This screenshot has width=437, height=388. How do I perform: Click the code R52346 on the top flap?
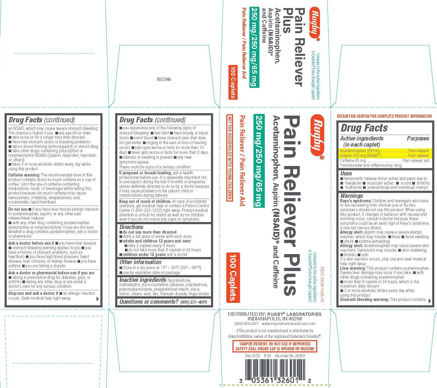(x=164, y=79)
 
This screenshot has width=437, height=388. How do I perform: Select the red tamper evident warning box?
(x=275, y=346)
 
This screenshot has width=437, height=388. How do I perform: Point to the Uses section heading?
(x=346, y=174)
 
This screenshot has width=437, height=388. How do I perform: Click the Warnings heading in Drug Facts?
(x=351, y=196)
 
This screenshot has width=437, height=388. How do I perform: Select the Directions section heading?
(x=131, y=227)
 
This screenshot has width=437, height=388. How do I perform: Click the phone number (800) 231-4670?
(x=193, y=302)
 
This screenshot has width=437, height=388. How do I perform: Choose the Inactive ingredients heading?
(x=143, y=280)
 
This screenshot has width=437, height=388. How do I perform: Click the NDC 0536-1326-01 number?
(x=322, y=285)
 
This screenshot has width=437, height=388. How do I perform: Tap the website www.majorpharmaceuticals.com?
(x=288, y=324)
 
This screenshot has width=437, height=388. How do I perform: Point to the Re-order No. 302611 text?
(x=290, y=356)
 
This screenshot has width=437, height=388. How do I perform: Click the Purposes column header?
(x=418, y=138)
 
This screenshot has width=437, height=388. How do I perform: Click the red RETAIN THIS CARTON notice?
(x=384, y=116)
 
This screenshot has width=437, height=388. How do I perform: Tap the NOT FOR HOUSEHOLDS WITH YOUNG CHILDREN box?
(x=230, y=158)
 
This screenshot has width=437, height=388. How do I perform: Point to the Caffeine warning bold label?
(x=24, y=175)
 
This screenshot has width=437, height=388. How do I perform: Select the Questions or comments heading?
(x=149, y=302)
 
